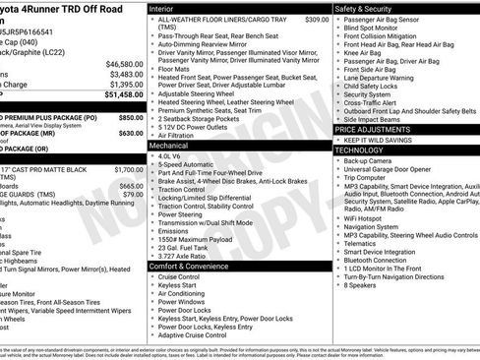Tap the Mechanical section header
[170, 145]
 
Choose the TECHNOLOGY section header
[361, 150]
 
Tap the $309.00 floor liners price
[317, 20]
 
